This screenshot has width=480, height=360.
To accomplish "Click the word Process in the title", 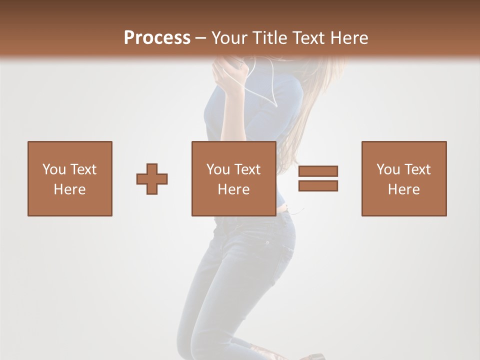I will [157, 38].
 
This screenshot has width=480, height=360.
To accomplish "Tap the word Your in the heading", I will [230, 38].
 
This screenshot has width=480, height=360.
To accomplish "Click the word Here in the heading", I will [350, 38].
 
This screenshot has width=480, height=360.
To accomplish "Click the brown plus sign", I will [152, 179].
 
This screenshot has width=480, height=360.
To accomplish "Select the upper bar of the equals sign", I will [318, 171].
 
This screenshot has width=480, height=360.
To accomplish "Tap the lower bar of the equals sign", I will [318, 186].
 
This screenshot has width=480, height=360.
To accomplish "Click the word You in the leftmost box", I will [54, 169].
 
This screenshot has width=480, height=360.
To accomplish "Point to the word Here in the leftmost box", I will [69, 189].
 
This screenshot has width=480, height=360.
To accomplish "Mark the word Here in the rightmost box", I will [404, 189].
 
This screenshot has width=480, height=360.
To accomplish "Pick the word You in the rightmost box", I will [388, 169].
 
